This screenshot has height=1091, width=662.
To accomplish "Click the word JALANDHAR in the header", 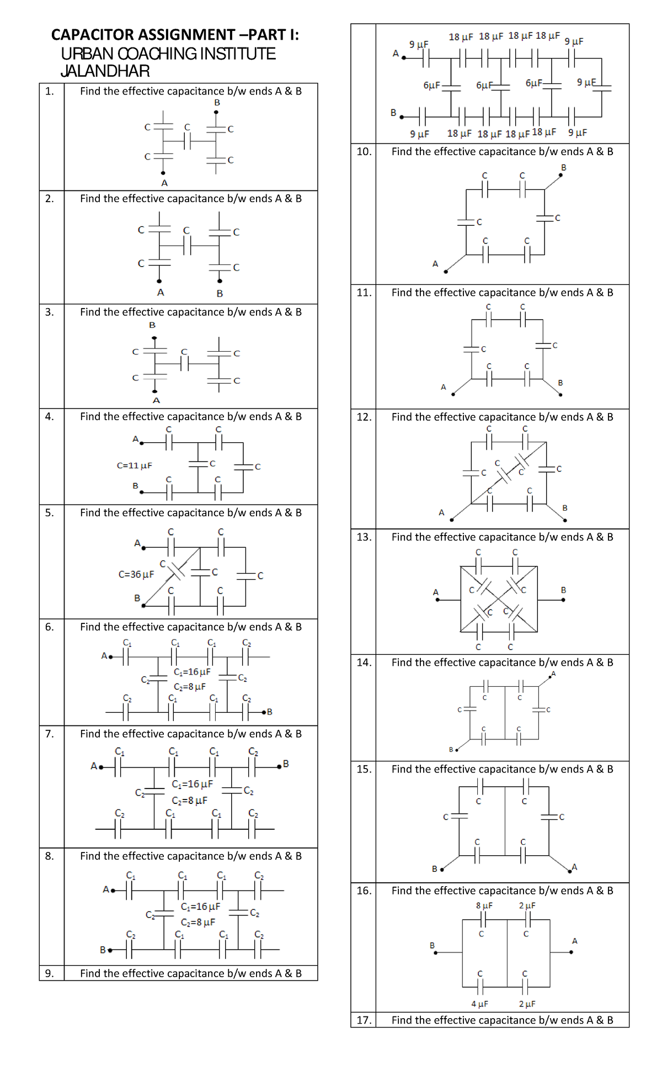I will click(x=105, y=71).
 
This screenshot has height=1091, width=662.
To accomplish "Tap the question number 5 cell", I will click(x=50, y=513).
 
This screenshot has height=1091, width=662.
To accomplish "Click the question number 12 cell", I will click(x=364, y=417).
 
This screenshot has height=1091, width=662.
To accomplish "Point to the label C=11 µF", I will click(x=134, y=465).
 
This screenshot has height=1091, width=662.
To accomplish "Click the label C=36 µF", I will click(x=136, y=574).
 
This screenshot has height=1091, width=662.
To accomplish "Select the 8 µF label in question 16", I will click(x=484, y=905).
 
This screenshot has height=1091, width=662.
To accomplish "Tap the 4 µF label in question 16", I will click(x=479, y=1004).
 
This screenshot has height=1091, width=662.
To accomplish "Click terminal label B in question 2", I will click(x=220, y=293).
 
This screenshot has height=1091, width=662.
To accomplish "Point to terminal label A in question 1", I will click(x=164, y=183).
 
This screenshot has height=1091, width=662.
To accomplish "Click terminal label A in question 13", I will click(x=436, y=592).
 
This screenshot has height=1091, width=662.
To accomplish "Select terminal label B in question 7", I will click(x=286, y=764).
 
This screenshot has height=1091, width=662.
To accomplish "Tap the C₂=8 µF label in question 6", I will click(x=190, y=687).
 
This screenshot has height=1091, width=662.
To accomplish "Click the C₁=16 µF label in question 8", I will click(x=200, y=907).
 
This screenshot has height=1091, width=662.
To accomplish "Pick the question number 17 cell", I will click(x=364, y=1020).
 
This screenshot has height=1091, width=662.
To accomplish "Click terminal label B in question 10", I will click(x=564, y=167).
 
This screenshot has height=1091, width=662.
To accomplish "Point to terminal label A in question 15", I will click(x=574, y=867).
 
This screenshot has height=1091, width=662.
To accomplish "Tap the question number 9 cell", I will click(x=50, y=973).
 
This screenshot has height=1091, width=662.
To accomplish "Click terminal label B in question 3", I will click(x=152, y=325).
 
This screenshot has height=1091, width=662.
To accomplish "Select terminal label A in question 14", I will click(x=553, y=674).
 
